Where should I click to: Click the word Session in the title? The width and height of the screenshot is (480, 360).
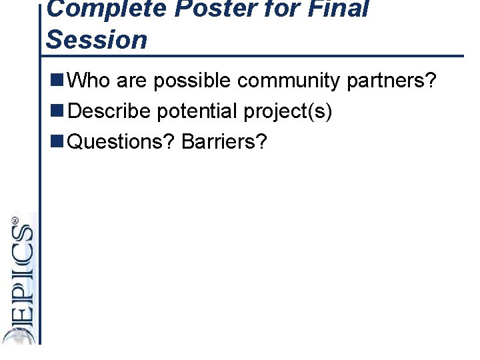tap(97, 40)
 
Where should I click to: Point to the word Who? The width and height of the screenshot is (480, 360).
tap(89, 81)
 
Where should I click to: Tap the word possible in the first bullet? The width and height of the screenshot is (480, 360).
tap(193, 81)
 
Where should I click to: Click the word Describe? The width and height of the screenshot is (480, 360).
tap(109, 111)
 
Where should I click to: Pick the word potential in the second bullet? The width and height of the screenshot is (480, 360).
tap(197, 111)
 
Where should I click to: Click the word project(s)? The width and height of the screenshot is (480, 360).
tap(287, 111)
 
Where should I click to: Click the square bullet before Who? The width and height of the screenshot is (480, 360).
tap(57, 81)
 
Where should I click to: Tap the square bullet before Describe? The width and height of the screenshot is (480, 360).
tap(57, 111)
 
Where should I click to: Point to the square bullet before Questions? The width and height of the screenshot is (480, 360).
tap(57, 141)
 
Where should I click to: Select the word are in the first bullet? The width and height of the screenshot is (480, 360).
tap(131, 81)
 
